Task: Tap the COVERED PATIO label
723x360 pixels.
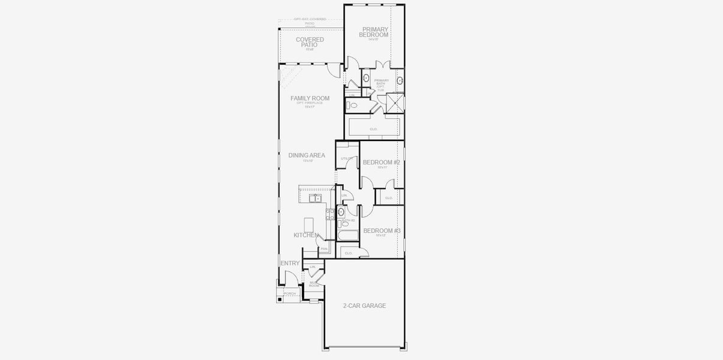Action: (x=310, y=42)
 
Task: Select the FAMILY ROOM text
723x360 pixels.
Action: (x=310, y=98)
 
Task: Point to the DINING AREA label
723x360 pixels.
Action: (x=307, y=155)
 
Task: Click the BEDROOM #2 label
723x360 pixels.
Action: (x=382, y=163)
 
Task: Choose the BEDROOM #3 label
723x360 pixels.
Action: (x=382, y=231)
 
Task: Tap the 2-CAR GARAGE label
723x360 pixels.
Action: (x=364, y=306)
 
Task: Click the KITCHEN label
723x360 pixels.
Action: (x=306, y=235)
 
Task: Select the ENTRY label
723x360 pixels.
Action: (x=290, y=263)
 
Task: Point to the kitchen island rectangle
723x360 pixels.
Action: (x=309, y=224)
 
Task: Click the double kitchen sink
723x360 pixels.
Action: (x=315, y=198)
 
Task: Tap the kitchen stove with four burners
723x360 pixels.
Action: (x=330, y=214)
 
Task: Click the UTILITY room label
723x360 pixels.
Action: (x=347, y=158)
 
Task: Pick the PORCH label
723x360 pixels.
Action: (x=290, y=293)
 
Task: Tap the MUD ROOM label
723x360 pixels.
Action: (x=314, y=284)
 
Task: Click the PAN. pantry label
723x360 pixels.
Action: (x=324, y=249)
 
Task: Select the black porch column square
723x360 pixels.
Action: (x=280, y=299)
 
